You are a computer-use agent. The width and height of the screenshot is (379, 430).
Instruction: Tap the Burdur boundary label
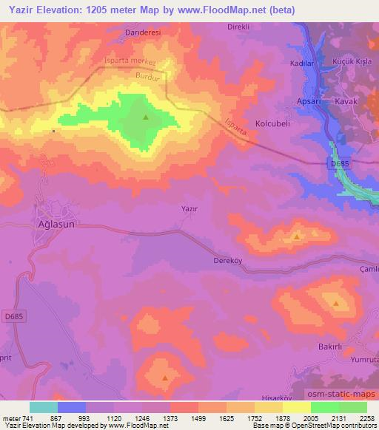click(x=148, y=75)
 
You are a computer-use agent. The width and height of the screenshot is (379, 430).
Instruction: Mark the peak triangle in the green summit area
click(x=146, y=117)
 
